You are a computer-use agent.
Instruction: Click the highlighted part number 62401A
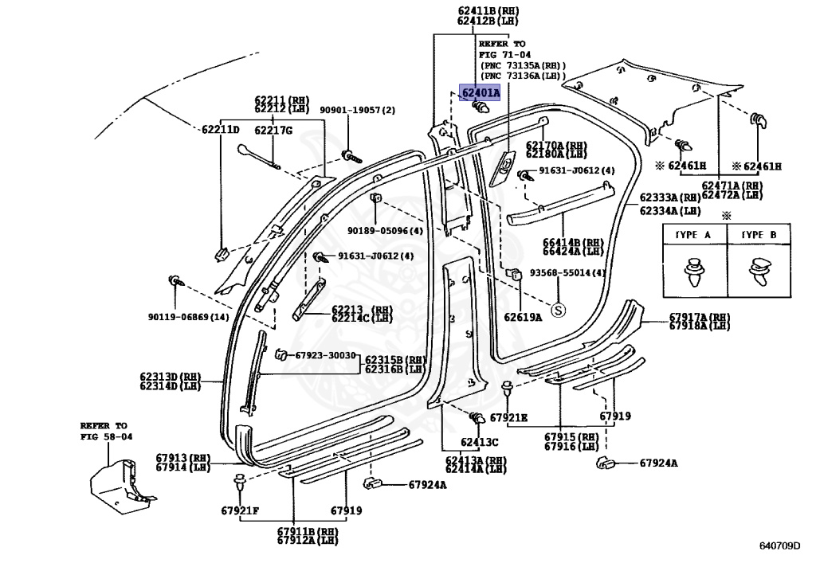tap(479, 93)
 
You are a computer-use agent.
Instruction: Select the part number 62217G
tap(273, 130)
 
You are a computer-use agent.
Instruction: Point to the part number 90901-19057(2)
tap(358, 111)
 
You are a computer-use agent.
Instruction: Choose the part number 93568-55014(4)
tap(568, 272)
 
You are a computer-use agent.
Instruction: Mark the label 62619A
tap(522, 316)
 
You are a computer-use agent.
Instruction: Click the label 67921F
tap(240, 510)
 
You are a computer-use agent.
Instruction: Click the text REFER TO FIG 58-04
tap(106, 431)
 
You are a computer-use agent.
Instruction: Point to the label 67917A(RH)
tap(699, 317)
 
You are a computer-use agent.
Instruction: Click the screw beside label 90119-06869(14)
tap(173, 281)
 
